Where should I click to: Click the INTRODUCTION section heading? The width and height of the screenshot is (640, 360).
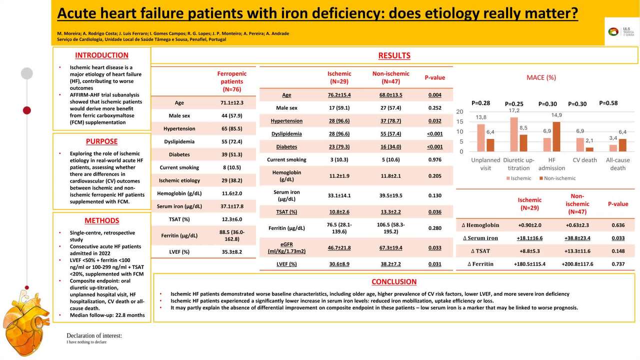tap(101, 55)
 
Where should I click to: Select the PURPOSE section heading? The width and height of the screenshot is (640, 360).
tap(101, 141)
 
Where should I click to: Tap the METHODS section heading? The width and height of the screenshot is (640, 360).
tap(101, 220)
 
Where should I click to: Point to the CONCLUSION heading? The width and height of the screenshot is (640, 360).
tap(394, 282)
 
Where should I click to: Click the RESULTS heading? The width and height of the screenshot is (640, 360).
tap(394, 55)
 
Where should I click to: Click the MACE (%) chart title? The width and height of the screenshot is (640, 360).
tap(541, 77)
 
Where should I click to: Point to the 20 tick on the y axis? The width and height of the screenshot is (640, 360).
tap(459, 111)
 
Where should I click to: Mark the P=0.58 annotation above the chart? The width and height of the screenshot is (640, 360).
tap(608, 103)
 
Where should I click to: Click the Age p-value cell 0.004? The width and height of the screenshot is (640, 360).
tap(434, 95)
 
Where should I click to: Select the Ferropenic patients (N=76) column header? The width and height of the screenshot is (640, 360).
tap(232, 81)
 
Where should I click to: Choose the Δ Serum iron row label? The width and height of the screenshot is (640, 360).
tap(480, 238)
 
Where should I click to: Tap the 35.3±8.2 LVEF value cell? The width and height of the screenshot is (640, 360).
tap(232, 251)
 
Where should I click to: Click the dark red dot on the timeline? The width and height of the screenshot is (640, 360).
tap(27, 110)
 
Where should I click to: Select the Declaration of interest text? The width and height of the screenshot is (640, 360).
tap(94, 335)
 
